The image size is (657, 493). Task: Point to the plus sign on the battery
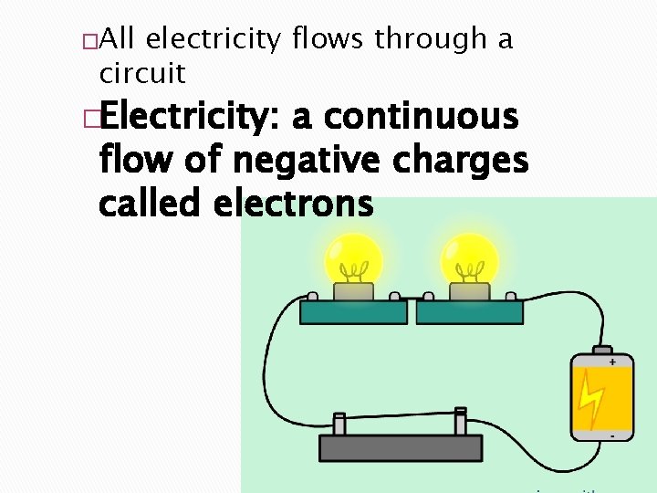(x=612, y=362)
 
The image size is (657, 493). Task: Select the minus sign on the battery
(x=611, y=436)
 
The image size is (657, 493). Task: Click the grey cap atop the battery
(x=602, y=350)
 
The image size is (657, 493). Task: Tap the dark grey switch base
(x=400, y=447)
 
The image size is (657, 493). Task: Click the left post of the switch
(x=339, y=425)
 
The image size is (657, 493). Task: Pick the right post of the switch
(x=461, y=422)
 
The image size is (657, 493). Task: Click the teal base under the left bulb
(x=354, y=311)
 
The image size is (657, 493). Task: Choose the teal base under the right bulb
(x=469, y=311)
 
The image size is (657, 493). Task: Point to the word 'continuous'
(x=421, y=119)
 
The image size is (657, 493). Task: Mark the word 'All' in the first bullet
(x=118, y=39)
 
